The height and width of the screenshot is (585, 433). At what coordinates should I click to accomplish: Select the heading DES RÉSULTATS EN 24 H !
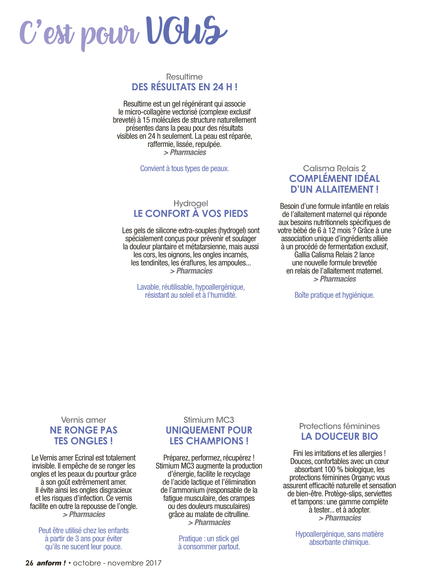(184, 87)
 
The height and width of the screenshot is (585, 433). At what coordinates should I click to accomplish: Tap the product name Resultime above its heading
(184, 77)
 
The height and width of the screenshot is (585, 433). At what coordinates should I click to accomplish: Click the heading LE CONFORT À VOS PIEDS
(191, 213)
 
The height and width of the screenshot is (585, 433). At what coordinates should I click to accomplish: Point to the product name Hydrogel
(191, 204)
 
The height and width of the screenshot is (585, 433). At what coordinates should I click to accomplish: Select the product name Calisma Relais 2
(334, 168)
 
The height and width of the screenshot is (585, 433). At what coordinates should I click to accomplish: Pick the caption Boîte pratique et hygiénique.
(334, 295)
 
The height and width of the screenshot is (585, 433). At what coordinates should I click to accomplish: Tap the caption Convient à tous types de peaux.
(184, 168)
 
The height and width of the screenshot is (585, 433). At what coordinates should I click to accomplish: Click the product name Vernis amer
(84, 420)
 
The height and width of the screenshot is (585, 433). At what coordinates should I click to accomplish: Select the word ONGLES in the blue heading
(91, 441)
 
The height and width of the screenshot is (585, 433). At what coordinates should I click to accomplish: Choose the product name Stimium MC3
(209, 420)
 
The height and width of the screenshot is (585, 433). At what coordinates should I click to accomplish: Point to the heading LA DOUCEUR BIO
(340, 436)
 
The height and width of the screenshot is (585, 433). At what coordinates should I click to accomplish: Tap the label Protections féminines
(340, 426)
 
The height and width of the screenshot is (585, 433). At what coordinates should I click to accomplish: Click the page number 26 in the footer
(29, 563)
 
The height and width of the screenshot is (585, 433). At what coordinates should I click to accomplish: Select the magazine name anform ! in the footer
(51, 563)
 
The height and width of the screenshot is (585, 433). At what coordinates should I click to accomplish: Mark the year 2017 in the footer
(153, 563)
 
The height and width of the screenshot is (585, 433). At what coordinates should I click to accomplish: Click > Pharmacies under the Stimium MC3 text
(209, 522)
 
